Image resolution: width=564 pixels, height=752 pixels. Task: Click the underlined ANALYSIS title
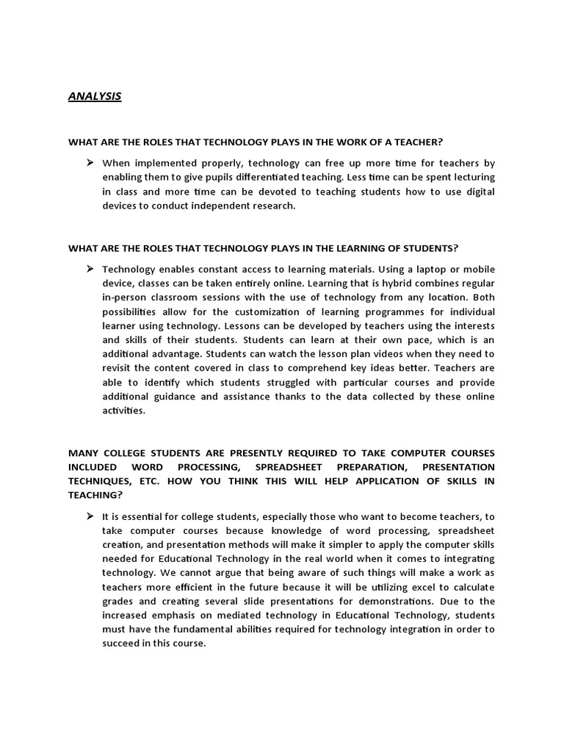pyautogui.click(x=95, y=96)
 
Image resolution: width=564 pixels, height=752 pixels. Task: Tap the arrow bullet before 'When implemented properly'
pyautogui.click(x=90, y=162)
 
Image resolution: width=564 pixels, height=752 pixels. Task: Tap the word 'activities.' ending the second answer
pyautogui.click(x=124, y=411)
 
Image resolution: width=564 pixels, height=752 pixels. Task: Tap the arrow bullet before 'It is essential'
pyautogui.click(x=90, y=516)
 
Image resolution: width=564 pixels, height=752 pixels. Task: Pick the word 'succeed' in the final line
pyautogui.click(x=122, y=644)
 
